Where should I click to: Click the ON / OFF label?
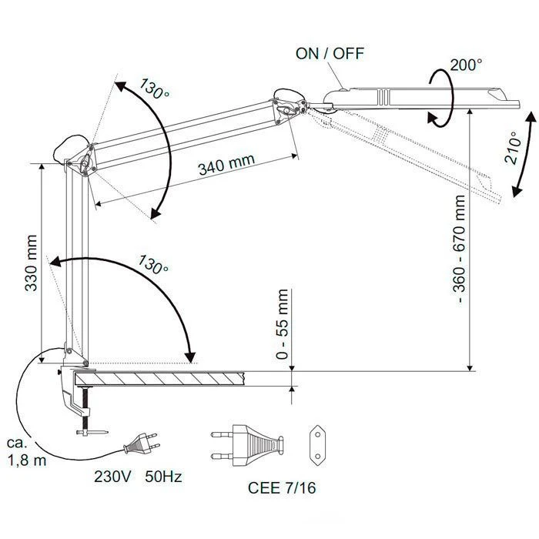pyautogui.click(x=329, y=53)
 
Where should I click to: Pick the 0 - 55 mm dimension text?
pyautogui.click(x=283, y=325)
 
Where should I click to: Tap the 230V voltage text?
pyautogui.click(x=112, y=477)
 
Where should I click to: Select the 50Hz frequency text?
pyautogui.click(x=162, y=477)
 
